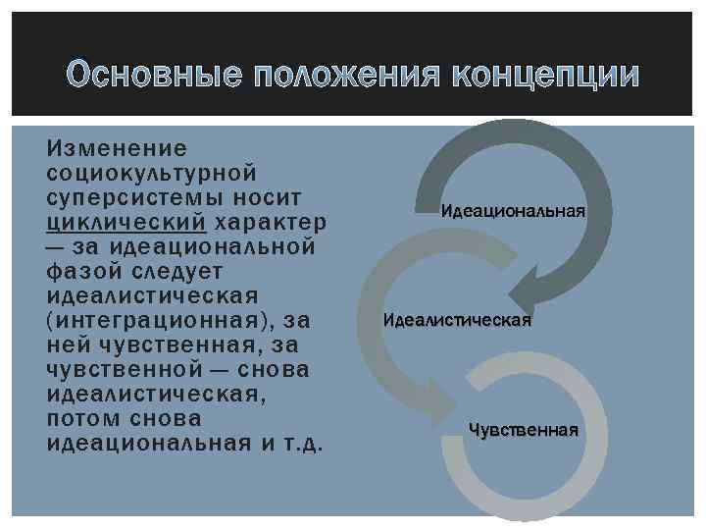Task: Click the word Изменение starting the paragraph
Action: tap(116, 147)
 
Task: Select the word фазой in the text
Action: tap(80, 270)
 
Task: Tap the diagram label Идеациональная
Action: tap(512, 211)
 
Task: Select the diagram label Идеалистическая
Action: tap(457, 320)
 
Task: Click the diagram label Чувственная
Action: tap(523, 430)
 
